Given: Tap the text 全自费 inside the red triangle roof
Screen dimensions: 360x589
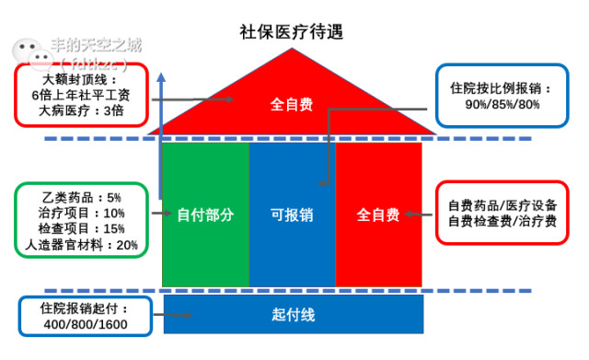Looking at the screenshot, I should point(291,104).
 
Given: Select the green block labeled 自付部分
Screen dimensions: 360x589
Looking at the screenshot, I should point(205,215).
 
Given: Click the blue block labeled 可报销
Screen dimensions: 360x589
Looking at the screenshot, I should point(292,215).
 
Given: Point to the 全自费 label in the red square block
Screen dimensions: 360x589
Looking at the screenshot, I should point(378,215).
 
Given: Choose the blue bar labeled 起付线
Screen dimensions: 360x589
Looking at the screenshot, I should point(294,315).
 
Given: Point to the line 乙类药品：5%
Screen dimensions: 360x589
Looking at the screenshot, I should point(81,197).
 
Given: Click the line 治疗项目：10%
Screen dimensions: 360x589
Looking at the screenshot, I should point(82,213).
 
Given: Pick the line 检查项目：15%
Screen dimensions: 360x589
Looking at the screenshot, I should point(82,228).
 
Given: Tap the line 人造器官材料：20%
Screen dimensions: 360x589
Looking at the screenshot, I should point(82,245).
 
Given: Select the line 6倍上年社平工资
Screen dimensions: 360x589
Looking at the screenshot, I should point(81,94).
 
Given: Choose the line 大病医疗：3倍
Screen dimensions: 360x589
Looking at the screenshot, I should point(81,110).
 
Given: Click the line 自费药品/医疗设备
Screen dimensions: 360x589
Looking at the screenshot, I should point(502,204).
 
